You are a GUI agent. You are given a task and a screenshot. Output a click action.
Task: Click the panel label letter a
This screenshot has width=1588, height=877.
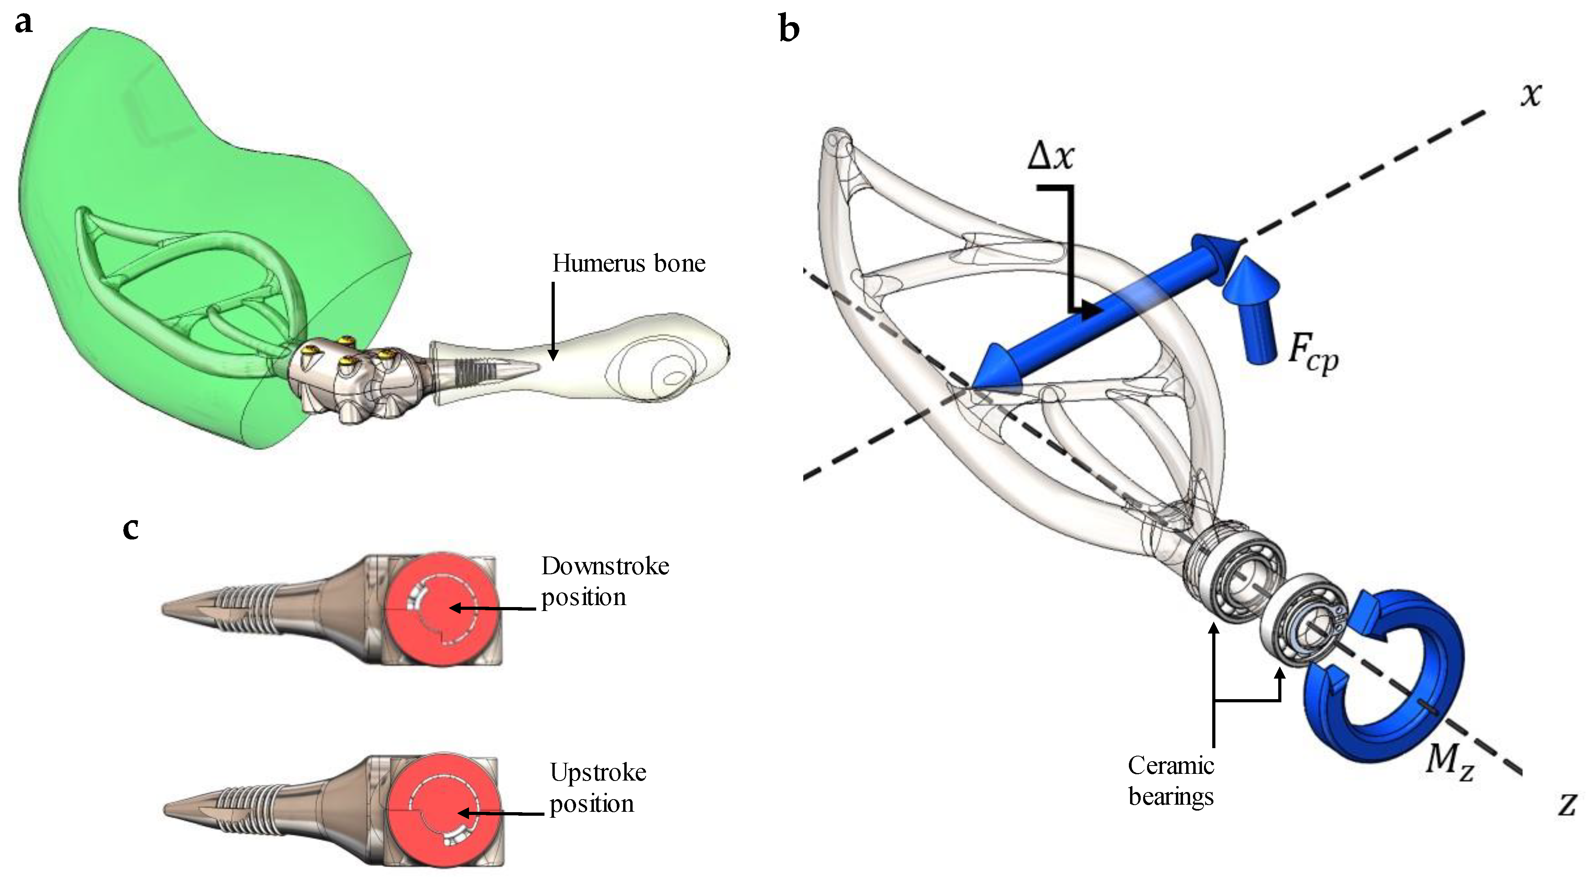23,23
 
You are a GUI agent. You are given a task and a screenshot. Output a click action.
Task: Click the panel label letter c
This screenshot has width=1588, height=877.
131,528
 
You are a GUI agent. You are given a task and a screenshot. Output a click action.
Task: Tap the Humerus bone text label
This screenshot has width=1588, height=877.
628,263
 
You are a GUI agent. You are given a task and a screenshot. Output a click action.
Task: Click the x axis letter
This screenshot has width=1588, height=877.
1531,95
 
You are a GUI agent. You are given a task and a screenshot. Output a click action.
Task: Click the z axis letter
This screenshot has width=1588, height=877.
1566,803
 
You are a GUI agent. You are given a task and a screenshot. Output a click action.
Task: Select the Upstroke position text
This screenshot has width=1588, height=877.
597,788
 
